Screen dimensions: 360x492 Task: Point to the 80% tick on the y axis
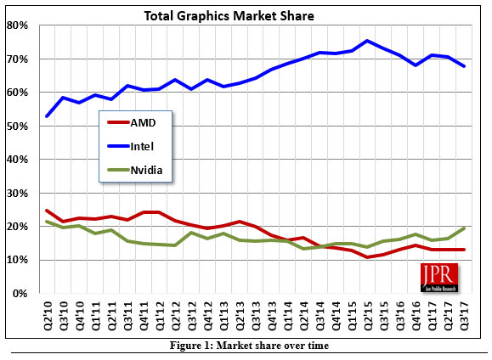[19, 25]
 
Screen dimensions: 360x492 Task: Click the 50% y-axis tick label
[19, 127]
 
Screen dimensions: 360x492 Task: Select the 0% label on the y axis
[21, 294]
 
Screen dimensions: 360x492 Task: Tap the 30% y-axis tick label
[19, 194]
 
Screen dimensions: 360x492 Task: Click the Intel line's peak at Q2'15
[366, 41]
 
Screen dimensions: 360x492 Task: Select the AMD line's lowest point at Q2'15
[366, 257]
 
